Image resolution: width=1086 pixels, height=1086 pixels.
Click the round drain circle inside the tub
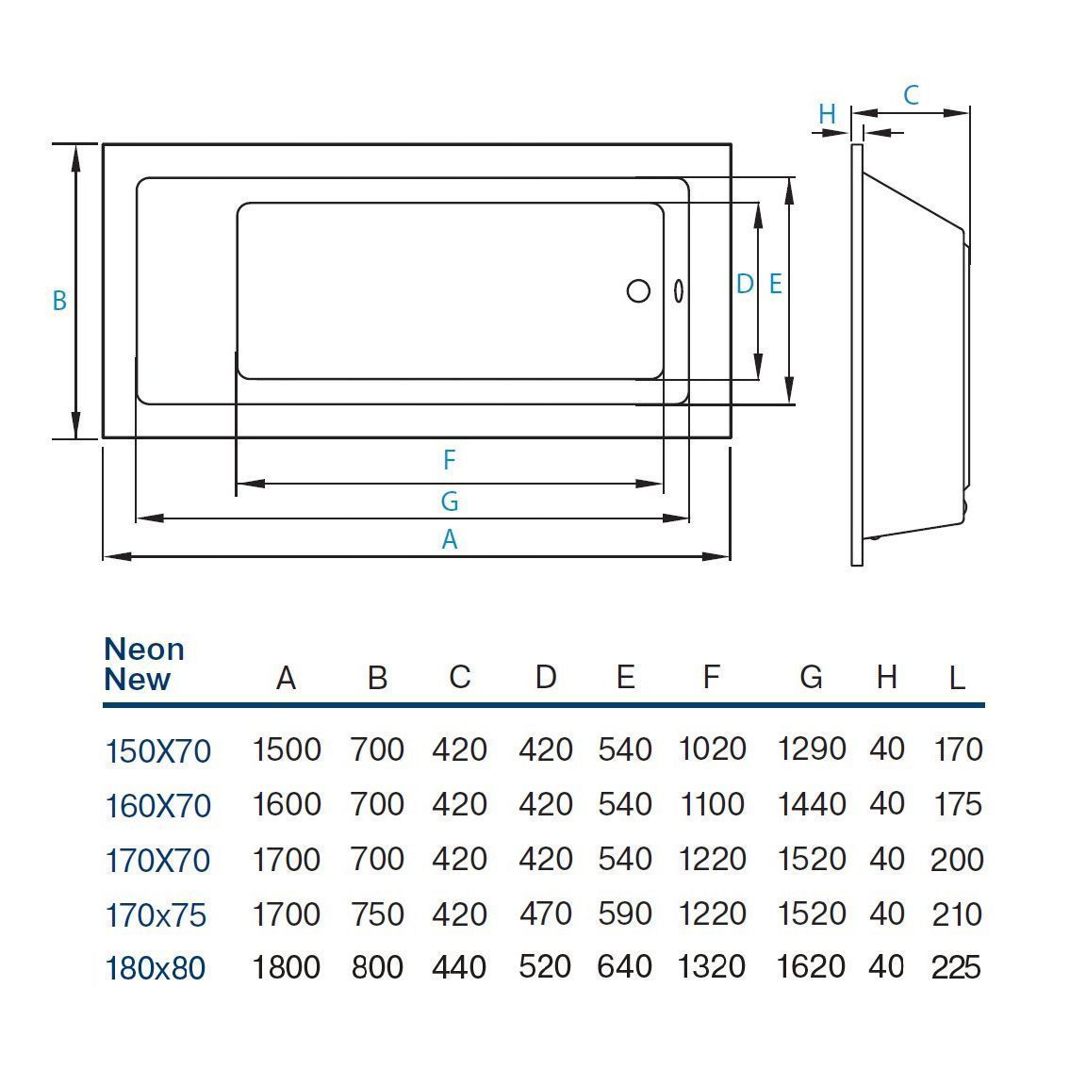[x=638, y=290]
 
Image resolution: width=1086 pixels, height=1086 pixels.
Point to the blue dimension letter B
[x=59, y=301]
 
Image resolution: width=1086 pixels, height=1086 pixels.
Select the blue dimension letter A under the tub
[x=450, y=540]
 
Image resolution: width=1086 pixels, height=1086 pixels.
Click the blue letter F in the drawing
[x=450, y=460]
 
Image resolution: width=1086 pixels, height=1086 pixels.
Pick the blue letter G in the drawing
[x=450, y=502]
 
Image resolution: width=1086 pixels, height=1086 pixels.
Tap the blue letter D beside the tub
[x=744, y=284]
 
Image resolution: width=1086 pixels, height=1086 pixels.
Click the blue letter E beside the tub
[x=775, y=284]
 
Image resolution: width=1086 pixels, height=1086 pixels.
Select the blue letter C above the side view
[x=911, y=95]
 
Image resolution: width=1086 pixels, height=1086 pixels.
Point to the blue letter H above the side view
[x=827, y=115]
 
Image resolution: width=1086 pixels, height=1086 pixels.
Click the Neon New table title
[x=144, y=664]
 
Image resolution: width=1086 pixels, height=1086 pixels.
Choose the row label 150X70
[x=157, y=751]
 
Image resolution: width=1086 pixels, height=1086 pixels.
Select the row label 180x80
[x=155, y=968]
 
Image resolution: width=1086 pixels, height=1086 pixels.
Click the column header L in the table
[x=956, y=678]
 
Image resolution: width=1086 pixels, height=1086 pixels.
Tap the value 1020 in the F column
[x=712, y=749]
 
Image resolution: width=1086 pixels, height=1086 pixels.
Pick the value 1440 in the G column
[x=811, y=804]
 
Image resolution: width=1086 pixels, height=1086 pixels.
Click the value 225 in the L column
[x=956, y=968]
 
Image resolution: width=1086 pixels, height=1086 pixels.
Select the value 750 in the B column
[x=377, y=913]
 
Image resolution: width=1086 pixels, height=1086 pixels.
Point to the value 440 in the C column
[x=459, y=968]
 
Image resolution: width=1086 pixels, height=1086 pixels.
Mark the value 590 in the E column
[x=624, y=913]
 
